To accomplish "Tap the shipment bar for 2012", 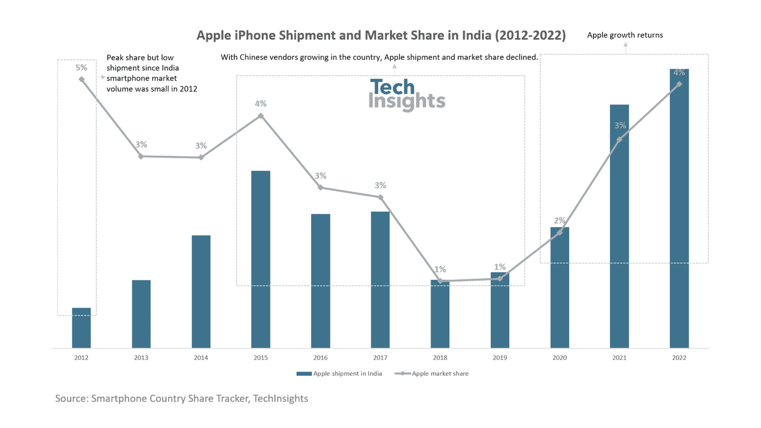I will pyautogui.click(x=81, y=328).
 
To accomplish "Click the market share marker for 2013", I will pyautogui.click(x=141, y=157).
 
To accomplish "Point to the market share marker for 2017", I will pyautogui.click(x=380, y=197).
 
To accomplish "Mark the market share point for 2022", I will pyautogui.click(x=679, y=84).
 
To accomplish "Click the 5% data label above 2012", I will pyautogui.click(x=81, y=68).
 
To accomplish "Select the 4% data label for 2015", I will pyautogui.click(x=261, y=104).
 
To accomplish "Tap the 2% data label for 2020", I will pyautogui.click(x=559, y=220).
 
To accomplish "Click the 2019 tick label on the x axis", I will pyautogui.click(x=500, y=358).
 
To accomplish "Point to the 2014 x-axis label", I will pyautogui.click(x=201, y=358).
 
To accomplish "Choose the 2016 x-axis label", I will pyautogui.click(x=321, y=358).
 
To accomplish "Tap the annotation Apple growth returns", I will pyautogui.click(x=625, y=35).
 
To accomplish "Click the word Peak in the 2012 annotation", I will pyautogui.click(x=115, y=57).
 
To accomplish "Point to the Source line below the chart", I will pyautogui.click(x=181, y=398).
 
